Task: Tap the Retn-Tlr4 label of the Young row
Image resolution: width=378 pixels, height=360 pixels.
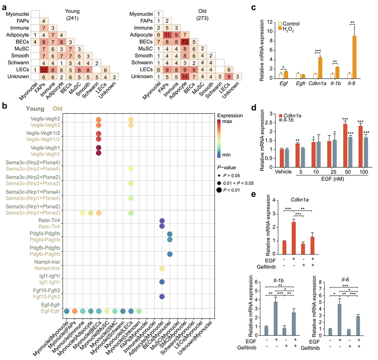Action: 43,220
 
